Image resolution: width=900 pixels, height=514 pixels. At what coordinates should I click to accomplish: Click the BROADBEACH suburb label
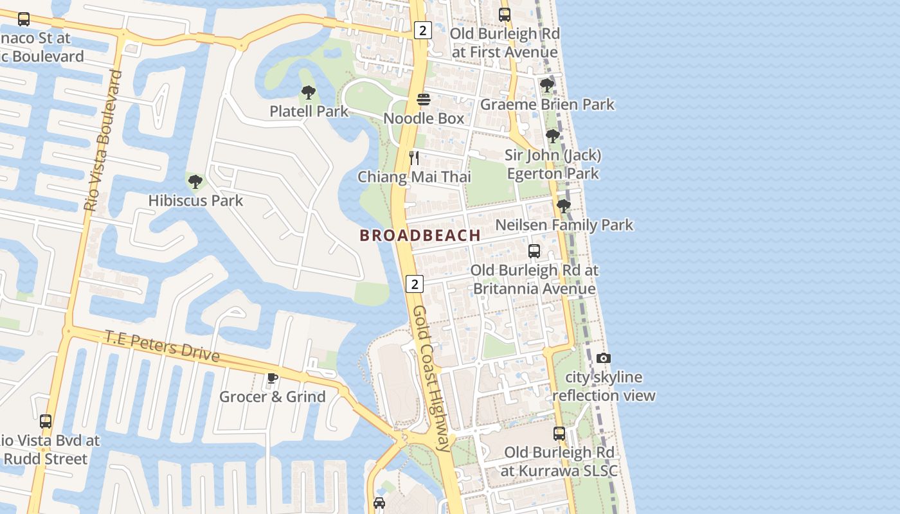(420, 235)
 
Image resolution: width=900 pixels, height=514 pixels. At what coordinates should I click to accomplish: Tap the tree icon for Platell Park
(309, 93)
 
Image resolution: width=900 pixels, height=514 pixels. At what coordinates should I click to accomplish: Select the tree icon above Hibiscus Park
(195, 182)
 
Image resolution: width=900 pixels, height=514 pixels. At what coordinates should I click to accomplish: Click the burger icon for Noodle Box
(424, 100)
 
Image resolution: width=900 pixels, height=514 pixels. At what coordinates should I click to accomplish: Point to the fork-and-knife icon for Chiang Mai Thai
(415, 158)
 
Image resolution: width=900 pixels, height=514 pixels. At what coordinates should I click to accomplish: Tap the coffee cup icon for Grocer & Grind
(272, 378)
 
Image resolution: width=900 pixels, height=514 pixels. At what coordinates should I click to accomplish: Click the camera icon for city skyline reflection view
(603, 359)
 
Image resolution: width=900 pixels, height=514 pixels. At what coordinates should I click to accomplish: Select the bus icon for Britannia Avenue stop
(534, 251)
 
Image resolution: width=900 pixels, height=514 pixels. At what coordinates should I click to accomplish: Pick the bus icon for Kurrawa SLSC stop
(559, 434)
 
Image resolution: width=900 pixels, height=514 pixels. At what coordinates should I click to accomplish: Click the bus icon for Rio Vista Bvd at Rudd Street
(45, 421)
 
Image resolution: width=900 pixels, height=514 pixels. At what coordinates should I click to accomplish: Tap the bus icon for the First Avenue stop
(505, 15)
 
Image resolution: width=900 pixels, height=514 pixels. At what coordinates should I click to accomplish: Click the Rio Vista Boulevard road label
(103, 141)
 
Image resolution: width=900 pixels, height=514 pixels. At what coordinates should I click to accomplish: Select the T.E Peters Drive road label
(162, 346)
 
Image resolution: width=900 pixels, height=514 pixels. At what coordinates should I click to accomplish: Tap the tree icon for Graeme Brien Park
(547, 85)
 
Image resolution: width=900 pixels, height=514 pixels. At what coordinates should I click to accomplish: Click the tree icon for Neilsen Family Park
(564, 206)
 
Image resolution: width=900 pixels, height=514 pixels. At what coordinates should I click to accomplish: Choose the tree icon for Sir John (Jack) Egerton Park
(552, 136)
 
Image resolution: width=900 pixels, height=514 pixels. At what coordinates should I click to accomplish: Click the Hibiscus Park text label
(195, 200)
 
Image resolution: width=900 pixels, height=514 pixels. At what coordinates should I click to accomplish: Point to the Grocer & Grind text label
(273, 396)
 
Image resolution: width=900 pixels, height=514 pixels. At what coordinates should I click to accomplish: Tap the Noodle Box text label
(424, 118)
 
